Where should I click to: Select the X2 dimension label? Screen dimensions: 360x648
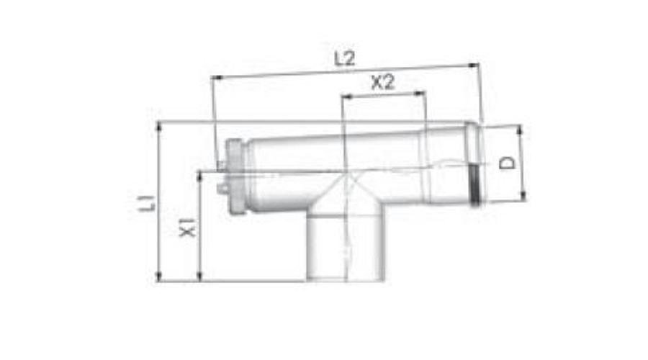tap(382, 83)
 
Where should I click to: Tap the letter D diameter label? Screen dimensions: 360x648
tap(508, 163)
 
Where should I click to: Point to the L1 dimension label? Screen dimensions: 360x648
tap(147, 201)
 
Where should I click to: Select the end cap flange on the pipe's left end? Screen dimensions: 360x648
tap(233, 177)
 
